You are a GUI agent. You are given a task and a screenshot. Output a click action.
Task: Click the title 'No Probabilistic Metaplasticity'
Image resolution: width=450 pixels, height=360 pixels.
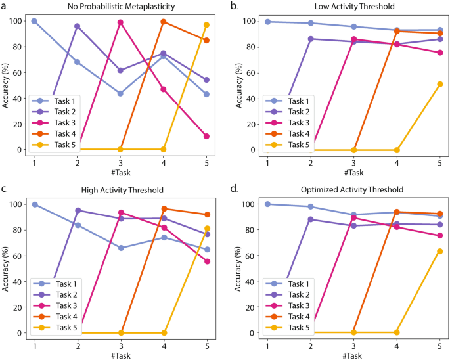point(122,7)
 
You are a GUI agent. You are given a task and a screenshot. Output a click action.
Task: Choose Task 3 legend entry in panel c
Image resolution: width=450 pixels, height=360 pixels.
point(59,307)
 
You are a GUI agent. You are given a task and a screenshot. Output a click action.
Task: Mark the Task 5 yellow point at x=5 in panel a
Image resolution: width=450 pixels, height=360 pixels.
point(206,25)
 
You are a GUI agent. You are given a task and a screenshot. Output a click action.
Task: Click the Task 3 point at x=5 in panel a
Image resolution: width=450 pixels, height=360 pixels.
point(206,136)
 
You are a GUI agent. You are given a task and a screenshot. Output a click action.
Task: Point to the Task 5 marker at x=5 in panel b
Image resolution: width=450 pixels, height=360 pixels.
point(439,84)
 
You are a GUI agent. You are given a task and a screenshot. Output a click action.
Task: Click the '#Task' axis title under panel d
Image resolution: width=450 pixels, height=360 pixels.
point(353,355)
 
